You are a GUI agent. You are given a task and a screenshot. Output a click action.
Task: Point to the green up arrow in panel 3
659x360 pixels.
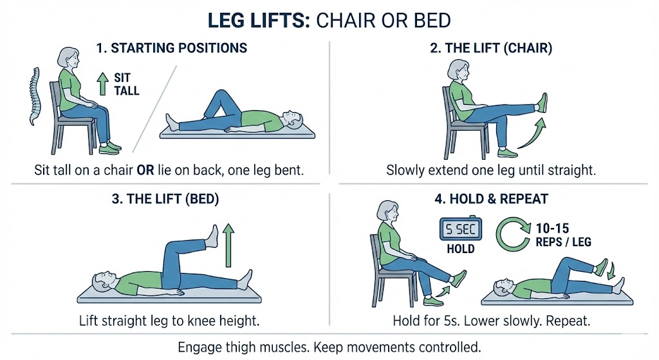(x=227, y=246)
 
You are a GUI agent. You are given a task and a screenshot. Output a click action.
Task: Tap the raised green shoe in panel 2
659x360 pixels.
(x=543, y=102)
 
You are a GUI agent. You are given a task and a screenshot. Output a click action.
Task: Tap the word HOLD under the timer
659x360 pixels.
(x=459, y=249)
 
